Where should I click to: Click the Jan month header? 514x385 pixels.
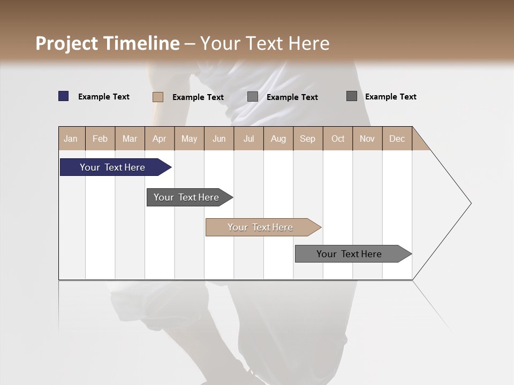[x=71, y=138]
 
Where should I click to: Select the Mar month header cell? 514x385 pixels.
[x=130, y=138]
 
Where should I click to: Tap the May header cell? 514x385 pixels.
[x=189, y=138]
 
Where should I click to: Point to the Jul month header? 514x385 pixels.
[x=248, y=138]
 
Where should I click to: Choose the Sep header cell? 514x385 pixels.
[x=307, y=138]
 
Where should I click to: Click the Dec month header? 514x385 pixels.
[x=397, y=138]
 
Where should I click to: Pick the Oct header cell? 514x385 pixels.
[x=338, y=138]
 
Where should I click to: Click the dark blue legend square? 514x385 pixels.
[x=64, y=96]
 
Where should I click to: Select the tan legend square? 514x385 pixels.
[x=158, y=97]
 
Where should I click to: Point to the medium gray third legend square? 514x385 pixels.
[x=253, y=97]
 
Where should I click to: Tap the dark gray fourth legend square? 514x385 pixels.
[x=352, y=96]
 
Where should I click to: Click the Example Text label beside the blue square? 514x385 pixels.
[x=104, y=97]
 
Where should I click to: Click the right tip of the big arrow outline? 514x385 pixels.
[x=470, y=203]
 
